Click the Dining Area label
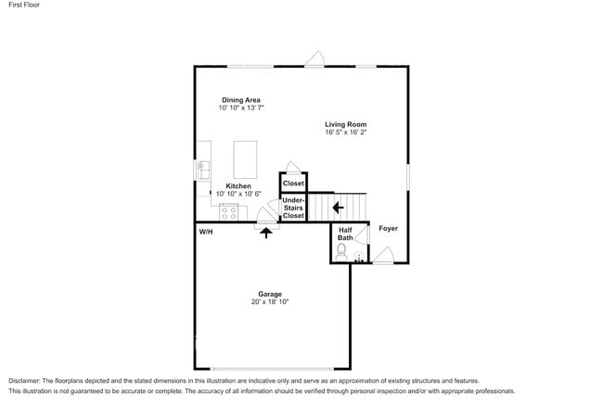(240, 100)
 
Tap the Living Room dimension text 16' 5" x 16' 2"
(345, 133)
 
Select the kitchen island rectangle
(245, 159)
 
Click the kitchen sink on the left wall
(202, 171)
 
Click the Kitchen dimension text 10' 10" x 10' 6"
(238, 194)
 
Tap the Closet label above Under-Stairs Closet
(293, 184)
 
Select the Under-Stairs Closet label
(293, 208)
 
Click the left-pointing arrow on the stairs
(339, 208)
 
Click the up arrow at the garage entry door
(266, 233)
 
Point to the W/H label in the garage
(206, 231)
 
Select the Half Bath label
(345, 234)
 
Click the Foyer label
(388, 228)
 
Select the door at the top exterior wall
(316, 59)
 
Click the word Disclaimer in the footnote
(25, 381)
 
